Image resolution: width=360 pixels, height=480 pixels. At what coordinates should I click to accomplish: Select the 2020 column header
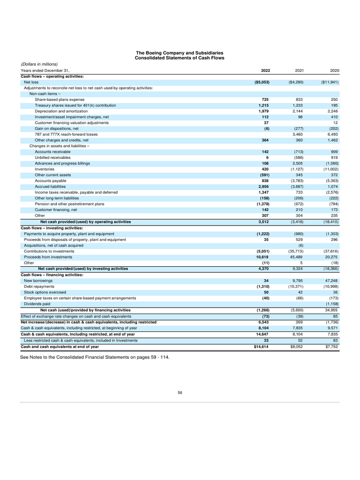334,70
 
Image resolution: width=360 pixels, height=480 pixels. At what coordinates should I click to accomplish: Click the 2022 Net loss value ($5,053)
261,82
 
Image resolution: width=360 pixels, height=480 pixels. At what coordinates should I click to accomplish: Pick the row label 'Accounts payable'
51,180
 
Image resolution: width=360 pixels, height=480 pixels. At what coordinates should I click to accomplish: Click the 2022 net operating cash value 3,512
263,222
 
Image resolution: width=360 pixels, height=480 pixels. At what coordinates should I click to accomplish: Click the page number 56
180,393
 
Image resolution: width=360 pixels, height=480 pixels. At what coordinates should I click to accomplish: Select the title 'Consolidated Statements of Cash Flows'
180,58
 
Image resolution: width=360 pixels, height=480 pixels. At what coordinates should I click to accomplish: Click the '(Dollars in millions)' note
39,64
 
